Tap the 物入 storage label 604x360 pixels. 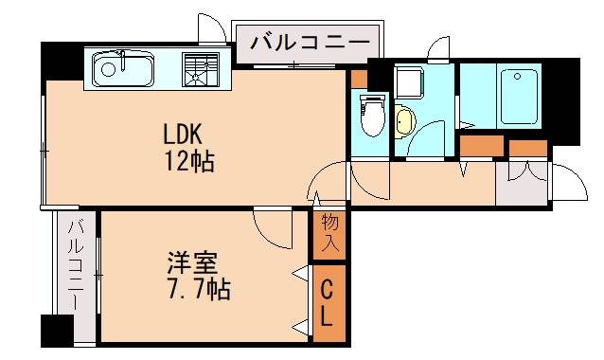[329, 232]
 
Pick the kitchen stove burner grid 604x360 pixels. [200, 69]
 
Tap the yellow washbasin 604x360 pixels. [405, 121]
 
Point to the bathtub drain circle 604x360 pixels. [517, 79]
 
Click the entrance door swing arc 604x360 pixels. [567, 181]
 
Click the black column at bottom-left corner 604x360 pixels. [57, 332]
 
